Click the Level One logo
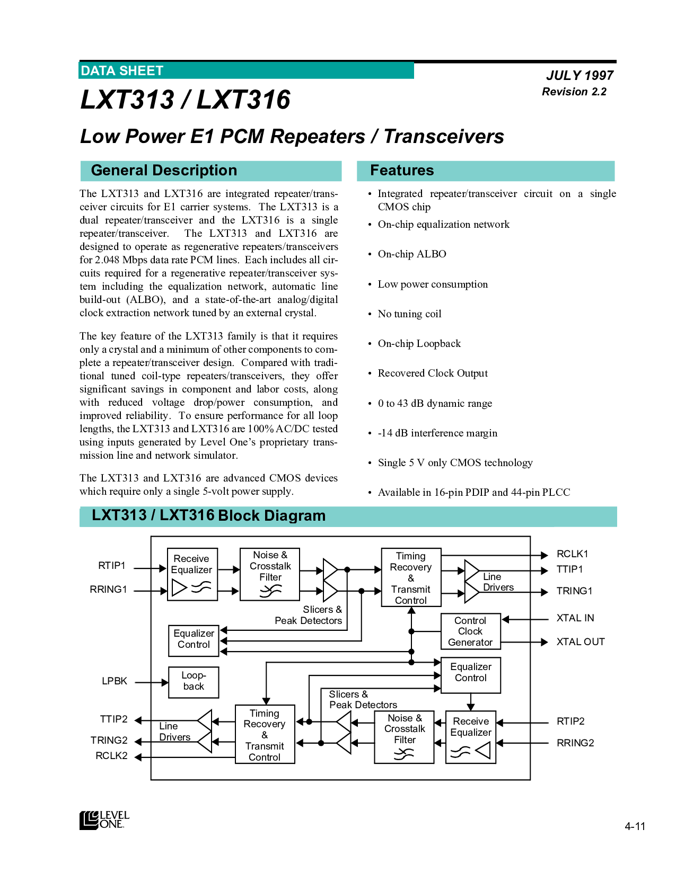pyautogui.click(x=104, y=819)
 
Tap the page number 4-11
pyautogui.click(x=635, y=826)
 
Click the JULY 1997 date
pyautogui.click(x=580, y=75)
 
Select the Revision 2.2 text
pyautogui.click(x=574, y=92)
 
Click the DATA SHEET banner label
pyautogui.click(x=122, y=71)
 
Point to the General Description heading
pyautogui.click(x=164, y=170)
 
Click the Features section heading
pyautogui.click(x=402, y=170)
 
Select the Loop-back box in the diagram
pyautogui.click(x=194, y=682)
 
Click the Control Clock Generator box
pyautogui.click(x=471, y=631)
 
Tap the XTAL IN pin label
pyautogui.click(x=575, y=618)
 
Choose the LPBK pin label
pyautogui.click(x=115, y=681)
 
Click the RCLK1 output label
pyautogui.click(x=572, y=554)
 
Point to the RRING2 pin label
pyautogui.click(x=575, y=743)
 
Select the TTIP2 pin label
pyautogui.click(x=113, y=719)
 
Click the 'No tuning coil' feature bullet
pyautogui.click(x=409, y=314)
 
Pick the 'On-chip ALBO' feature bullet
pyautogui.click(x=412, y=254)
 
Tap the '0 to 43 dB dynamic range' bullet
pyautogui.click(x=435, y=403)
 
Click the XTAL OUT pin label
pyautogui.click(x=581, y=642)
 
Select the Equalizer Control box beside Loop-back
pyautogui.click(x=194, y=641)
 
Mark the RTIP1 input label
pyautogui.click(x=111, y=566)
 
